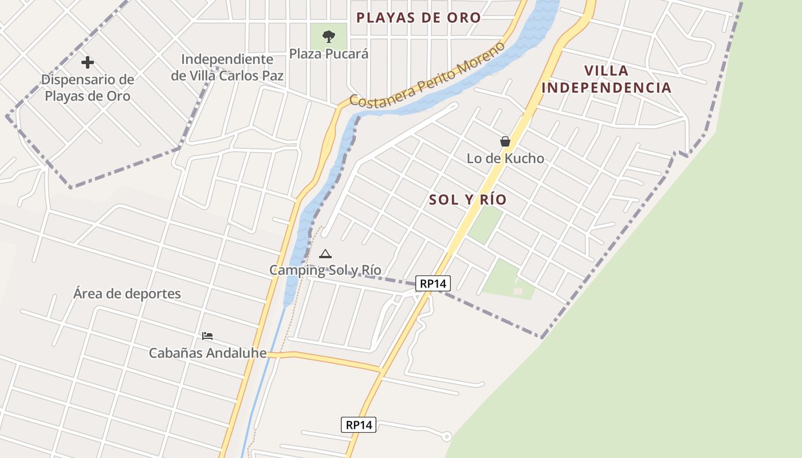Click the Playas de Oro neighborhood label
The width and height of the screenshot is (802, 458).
418,17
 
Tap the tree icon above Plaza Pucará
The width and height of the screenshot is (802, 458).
328,37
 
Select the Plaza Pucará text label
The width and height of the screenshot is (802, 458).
328,53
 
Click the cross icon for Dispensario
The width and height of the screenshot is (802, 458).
87,62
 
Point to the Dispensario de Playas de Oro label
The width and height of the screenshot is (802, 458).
87,88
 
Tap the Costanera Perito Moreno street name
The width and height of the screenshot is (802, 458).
427,74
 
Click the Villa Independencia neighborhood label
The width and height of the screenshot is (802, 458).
606,79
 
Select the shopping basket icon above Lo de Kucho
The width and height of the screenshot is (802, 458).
505,141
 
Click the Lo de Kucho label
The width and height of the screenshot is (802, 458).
505,158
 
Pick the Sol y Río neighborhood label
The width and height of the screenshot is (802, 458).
467,199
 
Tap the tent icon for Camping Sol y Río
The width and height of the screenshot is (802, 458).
325,254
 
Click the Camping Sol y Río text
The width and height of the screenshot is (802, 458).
325,270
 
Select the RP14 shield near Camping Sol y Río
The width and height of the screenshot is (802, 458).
433,283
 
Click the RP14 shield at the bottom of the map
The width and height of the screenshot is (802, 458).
359,425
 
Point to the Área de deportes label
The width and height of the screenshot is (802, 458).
127,294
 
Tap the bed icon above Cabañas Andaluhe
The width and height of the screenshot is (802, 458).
207,335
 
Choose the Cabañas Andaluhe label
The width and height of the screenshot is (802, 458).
207,353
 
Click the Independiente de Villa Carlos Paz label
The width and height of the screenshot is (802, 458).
227,67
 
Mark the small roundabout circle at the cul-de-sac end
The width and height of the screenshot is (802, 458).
447,437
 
